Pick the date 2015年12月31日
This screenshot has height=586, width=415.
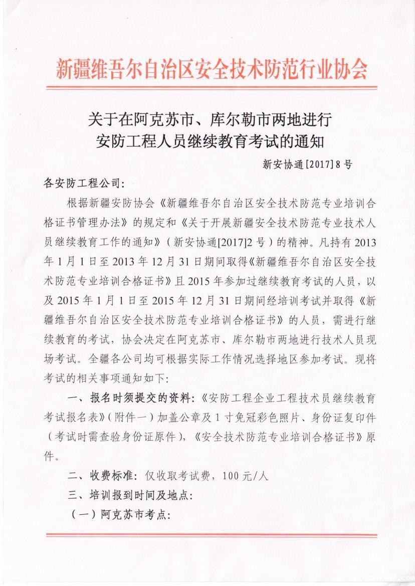172,301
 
